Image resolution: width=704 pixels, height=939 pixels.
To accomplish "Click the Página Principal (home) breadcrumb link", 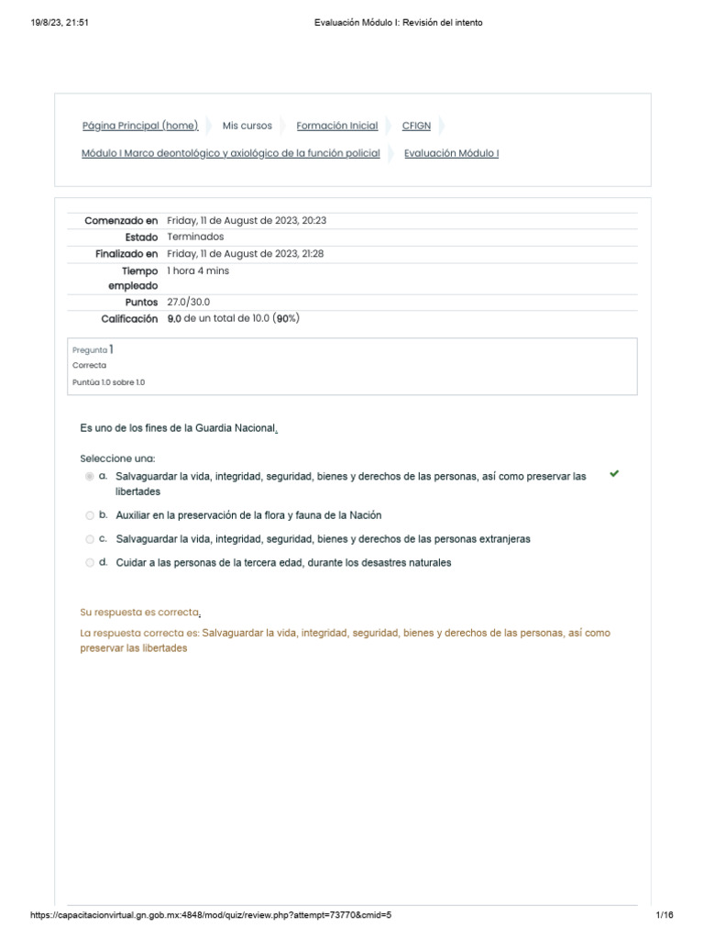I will (x=139, y=126).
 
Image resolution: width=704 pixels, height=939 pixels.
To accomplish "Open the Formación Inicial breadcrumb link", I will (x=336, y=126).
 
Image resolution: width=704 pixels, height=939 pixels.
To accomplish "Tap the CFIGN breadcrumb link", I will (x=416, y=126).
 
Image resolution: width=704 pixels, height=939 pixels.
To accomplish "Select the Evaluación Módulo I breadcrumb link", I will (x=451, y=153).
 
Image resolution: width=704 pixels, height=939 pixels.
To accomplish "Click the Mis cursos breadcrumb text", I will (x=247, y=126).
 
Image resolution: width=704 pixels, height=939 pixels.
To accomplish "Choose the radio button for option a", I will (x=89, y=477).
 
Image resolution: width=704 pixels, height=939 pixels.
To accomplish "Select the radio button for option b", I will (x=89, y=515).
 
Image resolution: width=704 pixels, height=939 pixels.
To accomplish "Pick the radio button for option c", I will (x=89, y=539).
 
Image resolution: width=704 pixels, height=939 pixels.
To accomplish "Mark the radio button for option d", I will (x=89, y=563).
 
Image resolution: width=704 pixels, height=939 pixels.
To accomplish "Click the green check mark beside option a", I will (x=614, y=474).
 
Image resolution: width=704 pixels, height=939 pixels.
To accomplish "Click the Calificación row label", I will (x=128, y=318).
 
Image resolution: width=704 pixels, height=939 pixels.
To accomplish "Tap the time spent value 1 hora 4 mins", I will (x=198, y=271).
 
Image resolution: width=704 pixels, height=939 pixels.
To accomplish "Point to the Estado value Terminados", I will (x=195, y=237).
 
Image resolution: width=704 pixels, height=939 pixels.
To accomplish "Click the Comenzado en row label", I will (x=121, y=220).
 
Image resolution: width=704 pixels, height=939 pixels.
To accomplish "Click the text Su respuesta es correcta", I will (x=141, y=613).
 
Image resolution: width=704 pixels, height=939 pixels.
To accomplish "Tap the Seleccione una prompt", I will (x=117, y=458).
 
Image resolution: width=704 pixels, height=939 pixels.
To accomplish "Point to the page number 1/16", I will (x=665, y=915).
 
